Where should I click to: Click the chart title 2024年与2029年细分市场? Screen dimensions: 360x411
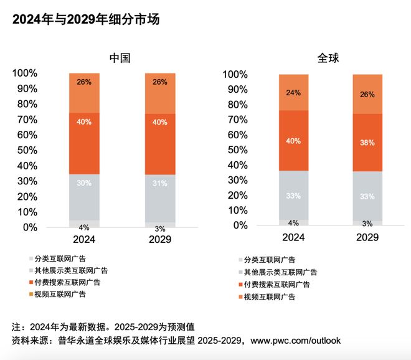(x=87, y=19)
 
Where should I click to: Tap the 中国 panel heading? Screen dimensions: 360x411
(x=120, y=58)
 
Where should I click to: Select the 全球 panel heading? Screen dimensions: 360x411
(x=328, y=58)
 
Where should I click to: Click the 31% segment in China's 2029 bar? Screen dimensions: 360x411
(x=160, y=183)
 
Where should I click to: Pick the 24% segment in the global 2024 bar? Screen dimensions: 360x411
(x=293, y=93)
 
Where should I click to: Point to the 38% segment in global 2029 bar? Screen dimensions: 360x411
(x=367, y=143)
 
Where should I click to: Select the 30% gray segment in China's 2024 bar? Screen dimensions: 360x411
(x=84, y=183)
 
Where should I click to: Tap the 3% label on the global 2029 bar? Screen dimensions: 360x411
(x=367, y=223)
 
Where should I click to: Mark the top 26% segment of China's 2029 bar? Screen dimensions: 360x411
(x=160, y=82)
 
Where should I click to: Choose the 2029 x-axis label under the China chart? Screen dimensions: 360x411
(x=160, y=240)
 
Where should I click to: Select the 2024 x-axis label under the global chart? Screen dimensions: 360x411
(x=293, y=238)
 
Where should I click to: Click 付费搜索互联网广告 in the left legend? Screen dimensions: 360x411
(x=67, y=282)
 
